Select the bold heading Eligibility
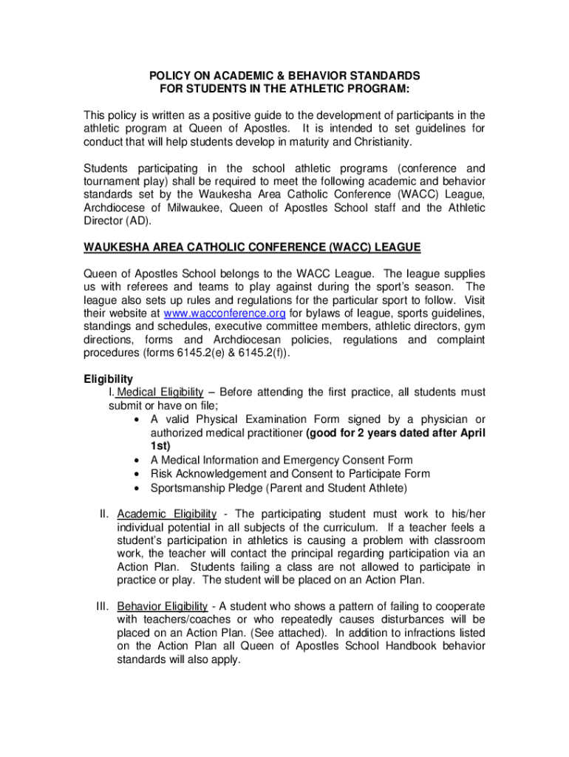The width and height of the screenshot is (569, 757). [108, 379]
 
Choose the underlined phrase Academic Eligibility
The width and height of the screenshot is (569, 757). [167, 514]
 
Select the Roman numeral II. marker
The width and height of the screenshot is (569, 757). [106, 514]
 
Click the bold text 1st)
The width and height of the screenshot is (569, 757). [160, 446]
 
